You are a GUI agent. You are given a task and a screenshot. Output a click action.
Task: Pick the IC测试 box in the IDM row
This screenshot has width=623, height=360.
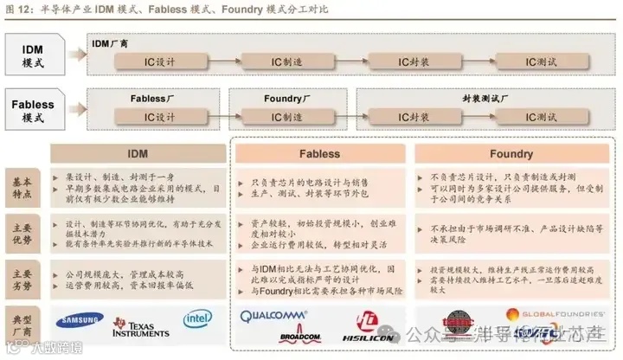542,61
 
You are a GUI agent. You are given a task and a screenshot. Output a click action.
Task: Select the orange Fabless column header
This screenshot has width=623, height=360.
319,154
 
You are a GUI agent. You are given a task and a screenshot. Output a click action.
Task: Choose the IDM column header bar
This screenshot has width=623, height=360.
138,154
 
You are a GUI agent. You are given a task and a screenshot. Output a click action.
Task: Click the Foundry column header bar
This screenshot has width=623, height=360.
511,154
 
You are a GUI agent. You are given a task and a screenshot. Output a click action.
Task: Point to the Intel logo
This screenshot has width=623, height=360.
197,320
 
